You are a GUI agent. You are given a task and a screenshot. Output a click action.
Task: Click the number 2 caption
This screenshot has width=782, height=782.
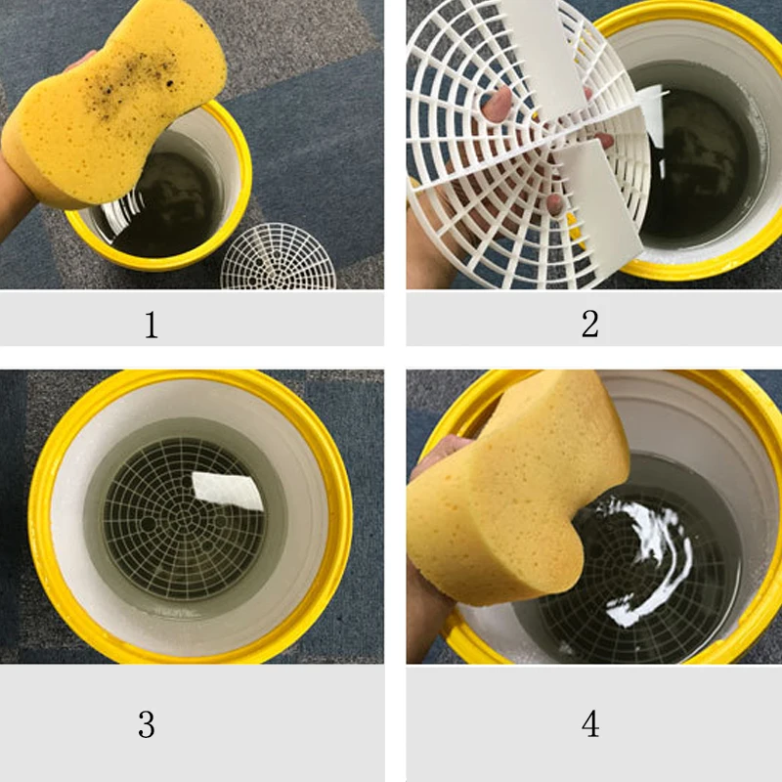tap(589, 324)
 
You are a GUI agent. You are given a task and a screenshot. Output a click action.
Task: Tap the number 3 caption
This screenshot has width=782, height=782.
tap(146, 724)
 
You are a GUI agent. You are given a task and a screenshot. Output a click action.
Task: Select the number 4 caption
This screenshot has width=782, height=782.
tap(589, 724)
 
